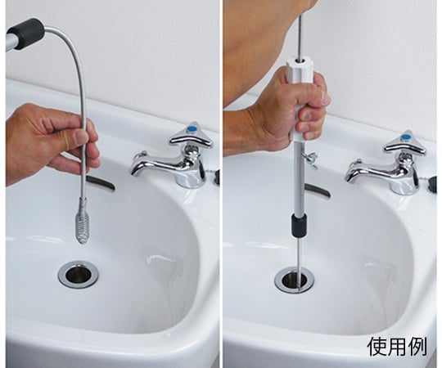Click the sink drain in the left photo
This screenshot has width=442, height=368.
[79, 274]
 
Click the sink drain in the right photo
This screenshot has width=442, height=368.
[295, 280]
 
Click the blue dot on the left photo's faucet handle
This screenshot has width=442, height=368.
[193, 129]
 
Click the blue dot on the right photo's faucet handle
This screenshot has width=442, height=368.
[406, 137]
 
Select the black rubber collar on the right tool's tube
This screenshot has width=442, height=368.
[299, 226]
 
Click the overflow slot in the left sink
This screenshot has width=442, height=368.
[101, 183]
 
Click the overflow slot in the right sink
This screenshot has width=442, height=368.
[318, 191]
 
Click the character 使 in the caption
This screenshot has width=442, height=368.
[377, 346]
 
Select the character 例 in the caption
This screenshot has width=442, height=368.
[417, 346]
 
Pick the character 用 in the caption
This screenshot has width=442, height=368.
[397, 346]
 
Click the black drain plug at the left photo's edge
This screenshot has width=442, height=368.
[216, 177]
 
